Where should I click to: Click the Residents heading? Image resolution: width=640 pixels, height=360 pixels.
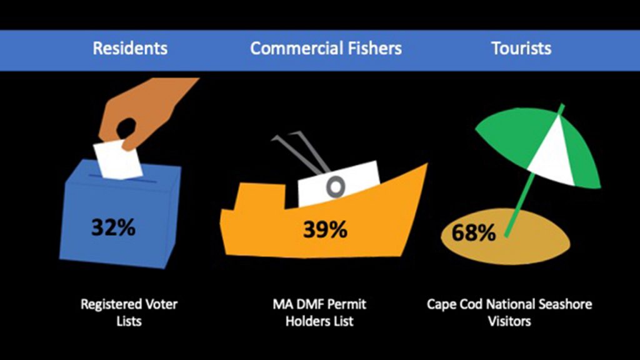pos(130,48)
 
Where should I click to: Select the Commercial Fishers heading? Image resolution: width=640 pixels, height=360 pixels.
pos(326,48)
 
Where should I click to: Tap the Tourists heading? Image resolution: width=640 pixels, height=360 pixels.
pos(521,48)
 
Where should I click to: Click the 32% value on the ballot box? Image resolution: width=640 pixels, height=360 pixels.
pos(113,227)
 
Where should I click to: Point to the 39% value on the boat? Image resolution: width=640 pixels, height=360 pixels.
pos(325,229)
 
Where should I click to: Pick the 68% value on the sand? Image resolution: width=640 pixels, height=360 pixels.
pos(474,232)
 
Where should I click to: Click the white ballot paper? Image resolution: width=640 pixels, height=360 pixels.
pos(118,159)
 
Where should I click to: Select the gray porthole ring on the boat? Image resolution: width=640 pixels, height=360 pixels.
pos(336,187)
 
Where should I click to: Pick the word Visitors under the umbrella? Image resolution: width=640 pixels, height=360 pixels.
pos(509,321)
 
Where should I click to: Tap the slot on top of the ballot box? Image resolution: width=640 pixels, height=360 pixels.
pos(122,178)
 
